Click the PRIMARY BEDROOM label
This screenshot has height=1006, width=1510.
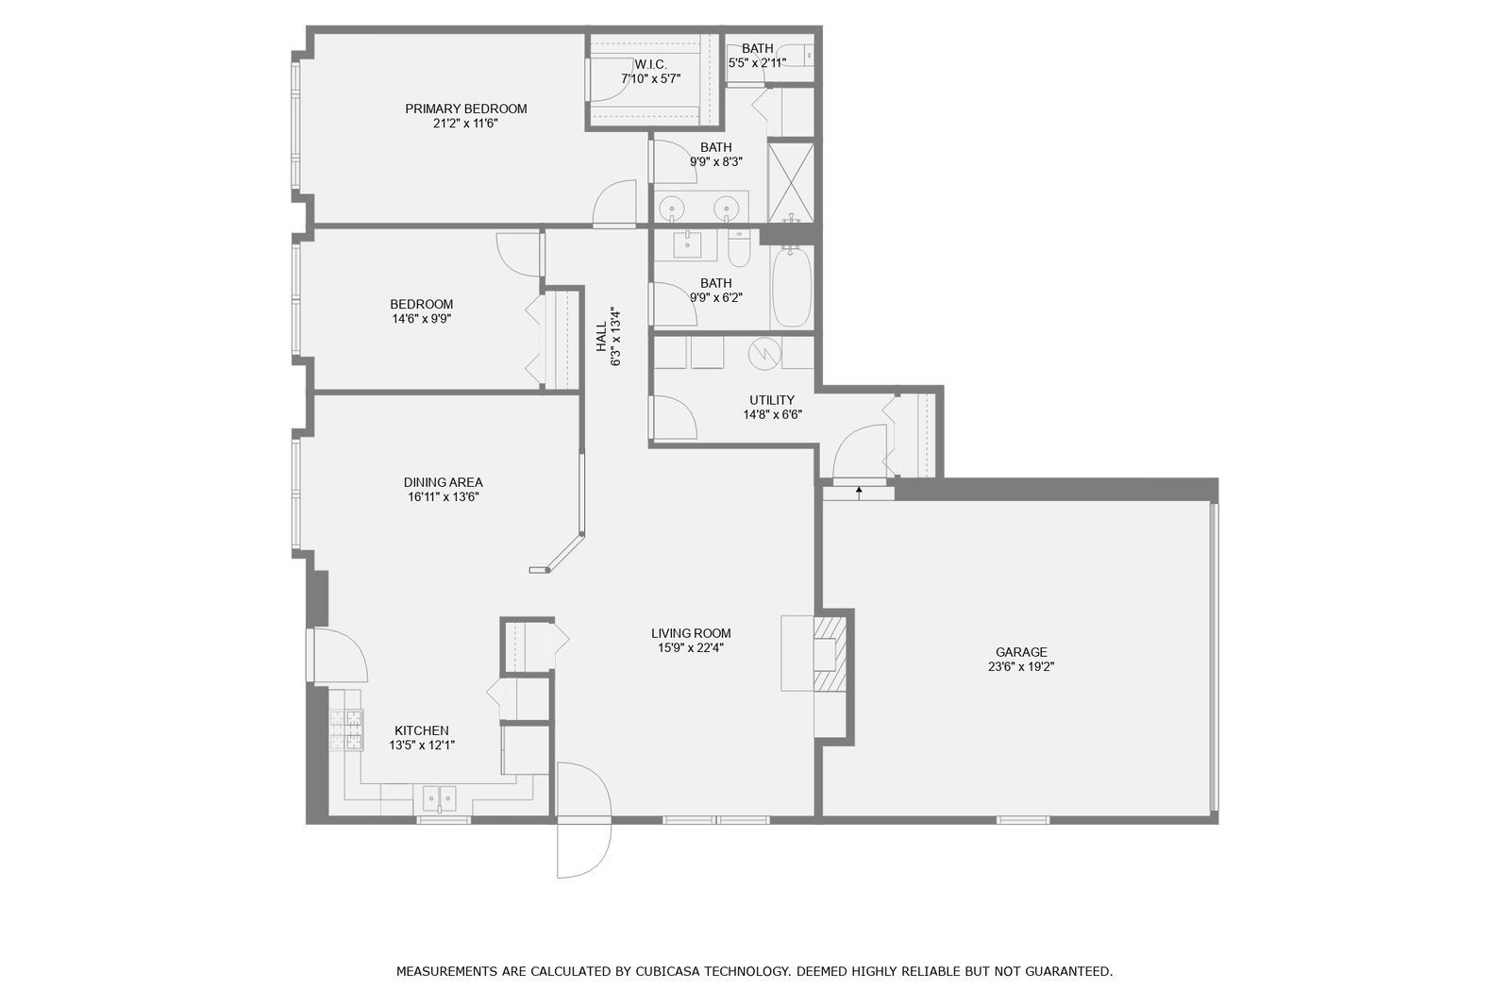(466, 109)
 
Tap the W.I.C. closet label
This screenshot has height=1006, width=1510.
(650, 65)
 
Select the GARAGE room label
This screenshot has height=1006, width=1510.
(1021, 652)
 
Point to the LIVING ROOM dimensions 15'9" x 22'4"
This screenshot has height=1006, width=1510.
(691, 648)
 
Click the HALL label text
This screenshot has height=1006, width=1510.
(600, 337)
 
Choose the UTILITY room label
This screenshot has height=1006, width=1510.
(772, 400)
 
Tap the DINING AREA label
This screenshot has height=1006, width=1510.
(443, 482)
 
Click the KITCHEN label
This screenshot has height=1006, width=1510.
(421, 730)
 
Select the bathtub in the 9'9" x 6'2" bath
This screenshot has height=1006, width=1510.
(792, 287)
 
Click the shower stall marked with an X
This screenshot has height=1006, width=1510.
(791, 182)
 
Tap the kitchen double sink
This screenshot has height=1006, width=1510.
(439, 799)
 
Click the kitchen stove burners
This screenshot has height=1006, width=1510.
(345, 730)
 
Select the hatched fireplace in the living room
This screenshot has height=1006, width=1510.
(830, 653)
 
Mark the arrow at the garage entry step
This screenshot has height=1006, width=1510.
(859, 493)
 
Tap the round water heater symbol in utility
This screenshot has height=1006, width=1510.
(764, 352)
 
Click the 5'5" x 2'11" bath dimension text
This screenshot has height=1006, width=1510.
(757, 63)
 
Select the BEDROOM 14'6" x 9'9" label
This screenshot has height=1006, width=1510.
(421, 310)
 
